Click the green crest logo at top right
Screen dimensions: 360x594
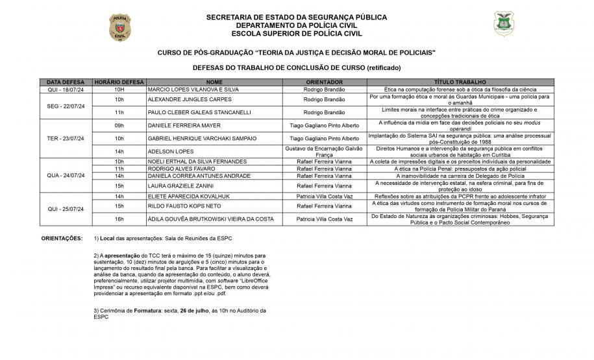tap(502, 24)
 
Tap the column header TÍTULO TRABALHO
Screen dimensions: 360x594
tap(460, 83)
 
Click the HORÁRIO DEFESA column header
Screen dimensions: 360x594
tap(119, 83)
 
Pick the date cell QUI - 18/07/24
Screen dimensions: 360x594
tap(66, 90)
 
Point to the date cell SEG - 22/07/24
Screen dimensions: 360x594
tap(66, 106)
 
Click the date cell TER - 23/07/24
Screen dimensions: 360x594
tap(66, 138)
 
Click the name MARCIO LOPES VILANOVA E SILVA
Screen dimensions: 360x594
tap(193, 90)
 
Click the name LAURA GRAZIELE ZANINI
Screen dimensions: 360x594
tap(181, 186)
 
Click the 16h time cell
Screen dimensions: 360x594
tap(119, 219)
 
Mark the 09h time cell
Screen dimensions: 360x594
tap(119, 125)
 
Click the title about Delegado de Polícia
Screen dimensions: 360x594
tap(460, 176)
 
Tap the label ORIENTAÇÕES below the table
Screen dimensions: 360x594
tap(62, 239)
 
